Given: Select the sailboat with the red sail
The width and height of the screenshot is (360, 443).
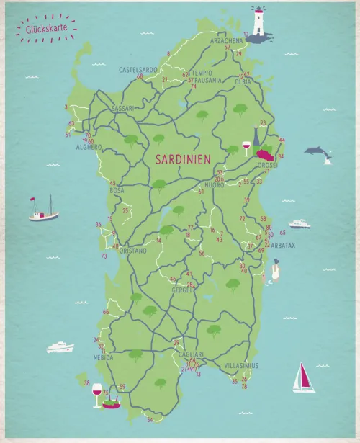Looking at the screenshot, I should (304, 377).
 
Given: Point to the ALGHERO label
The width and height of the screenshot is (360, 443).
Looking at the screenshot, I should (90, 147).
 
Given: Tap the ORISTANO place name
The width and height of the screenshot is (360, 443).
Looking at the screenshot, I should (132, 251).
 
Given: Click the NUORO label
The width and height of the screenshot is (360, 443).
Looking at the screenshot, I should (215, 185).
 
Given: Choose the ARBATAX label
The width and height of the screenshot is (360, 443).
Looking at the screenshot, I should (283, 245).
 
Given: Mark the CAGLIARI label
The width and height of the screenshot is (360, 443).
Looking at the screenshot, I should (191, 354).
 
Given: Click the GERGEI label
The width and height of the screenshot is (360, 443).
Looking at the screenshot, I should (183, 290).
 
